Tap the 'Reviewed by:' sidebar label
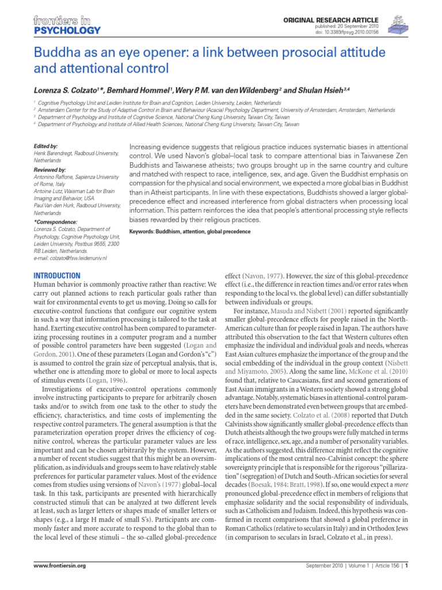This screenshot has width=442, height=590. [x=50, y=171]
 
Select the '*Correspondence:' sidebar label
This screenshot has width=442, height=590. [x=55, y=221]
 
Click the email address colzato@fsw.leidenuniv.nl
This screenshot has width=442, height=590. [x=71, y=258]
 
